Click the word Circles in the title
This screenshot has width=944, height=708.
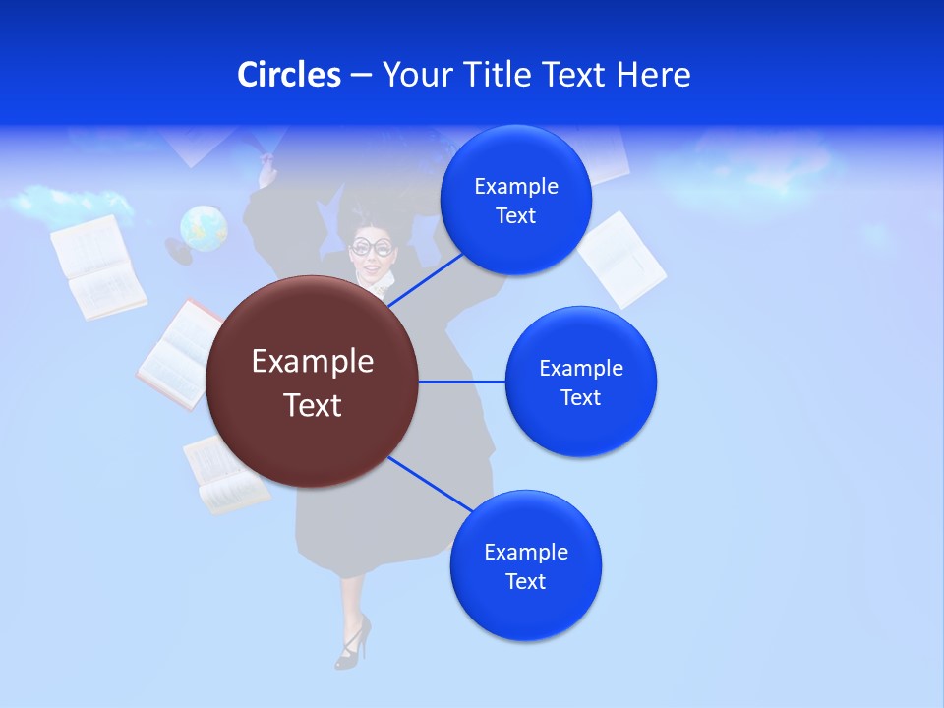(288, 75)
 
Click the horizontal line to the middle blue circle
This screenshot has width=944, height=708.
(461, 382)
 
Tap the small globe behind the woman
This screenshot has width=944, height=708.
(203, 229)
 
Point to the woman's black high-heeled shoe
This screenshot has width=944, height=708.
(352, 642)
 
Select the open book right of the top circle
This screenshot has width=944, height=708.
(621, 260)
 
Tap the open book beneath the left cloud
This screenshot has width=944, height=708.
(97, 267)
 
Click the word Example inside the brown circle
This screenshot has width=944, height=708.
(312, 362)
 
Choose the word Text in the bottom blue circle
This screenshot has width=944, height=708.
(525, 581)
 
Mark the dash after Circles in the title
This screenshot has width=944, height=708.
(361, 76)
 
